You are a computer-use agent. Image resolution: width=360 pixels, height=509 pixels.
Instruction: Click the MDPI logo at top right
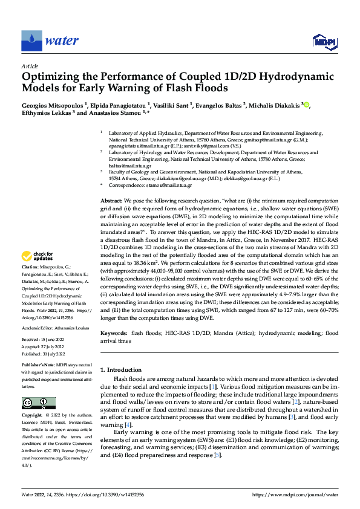point(324,42)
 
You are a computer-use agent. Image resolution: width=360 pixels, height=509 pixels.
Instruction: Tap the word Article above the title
point(30,66)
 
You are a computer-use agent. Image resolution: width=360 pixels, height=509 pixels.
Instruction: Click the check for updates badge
point(39,273)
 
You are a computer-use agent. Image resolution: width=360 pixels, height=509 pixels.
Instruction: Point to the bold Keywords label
point(114,333)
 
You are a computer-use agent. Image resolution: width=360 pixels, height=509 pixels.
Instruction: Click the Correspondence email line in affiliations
point(148,187)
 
